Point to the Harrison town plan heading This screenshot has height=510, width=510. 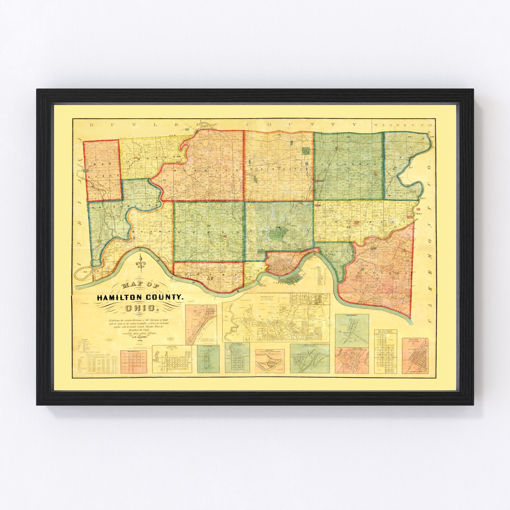click(171, 346)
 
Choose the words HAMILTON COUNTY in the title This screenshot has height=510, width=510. click(140, 298)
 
